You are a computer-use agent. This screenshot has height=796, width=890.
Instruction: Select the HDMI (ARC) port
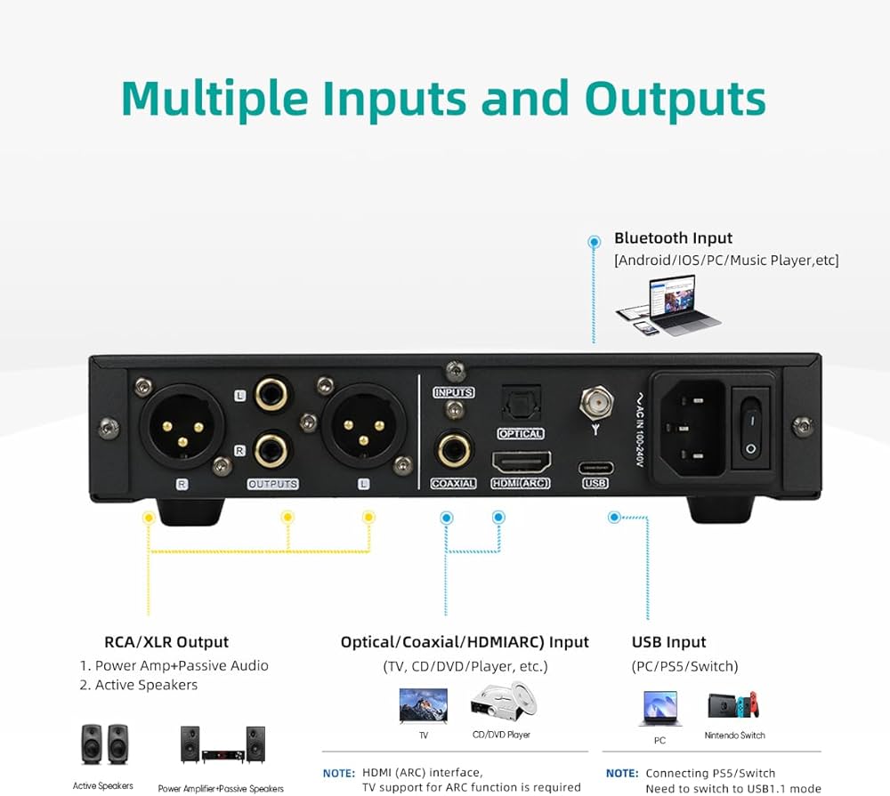coord(521,462)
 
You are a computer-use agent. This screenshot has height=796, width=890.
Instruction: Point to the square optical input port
coord(521,406)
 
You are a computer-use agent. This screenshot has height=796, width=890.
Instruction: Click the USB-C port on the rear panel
coord(595,468)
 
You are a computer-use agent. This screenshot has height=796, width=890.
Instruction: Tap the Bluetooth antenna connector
coord(595,405)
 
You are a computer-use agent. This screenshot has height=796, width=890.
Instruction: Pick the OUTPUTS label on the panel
coord(271,485)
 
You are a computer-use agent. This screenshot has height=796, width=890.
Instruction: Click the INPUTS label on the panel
coord(453,392)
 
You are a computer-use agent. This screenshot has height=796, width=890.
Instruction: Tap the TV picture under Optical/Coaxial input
coord(423,704)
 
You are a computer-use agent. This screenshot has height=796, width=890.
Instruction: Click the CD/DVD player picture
coord(503,703)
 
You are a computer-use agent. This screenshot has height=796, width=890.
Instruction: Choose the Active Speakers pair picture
coord(103,744)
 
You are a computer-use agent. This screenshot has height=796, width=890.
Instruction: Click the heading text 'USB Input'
coord(668,642)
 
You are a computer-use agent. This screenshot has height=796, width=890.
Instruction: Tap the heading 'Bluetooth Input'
coord(673,238)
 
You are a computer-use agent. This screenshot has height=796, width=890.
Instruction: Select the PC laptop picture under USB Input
coord(659,709)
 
